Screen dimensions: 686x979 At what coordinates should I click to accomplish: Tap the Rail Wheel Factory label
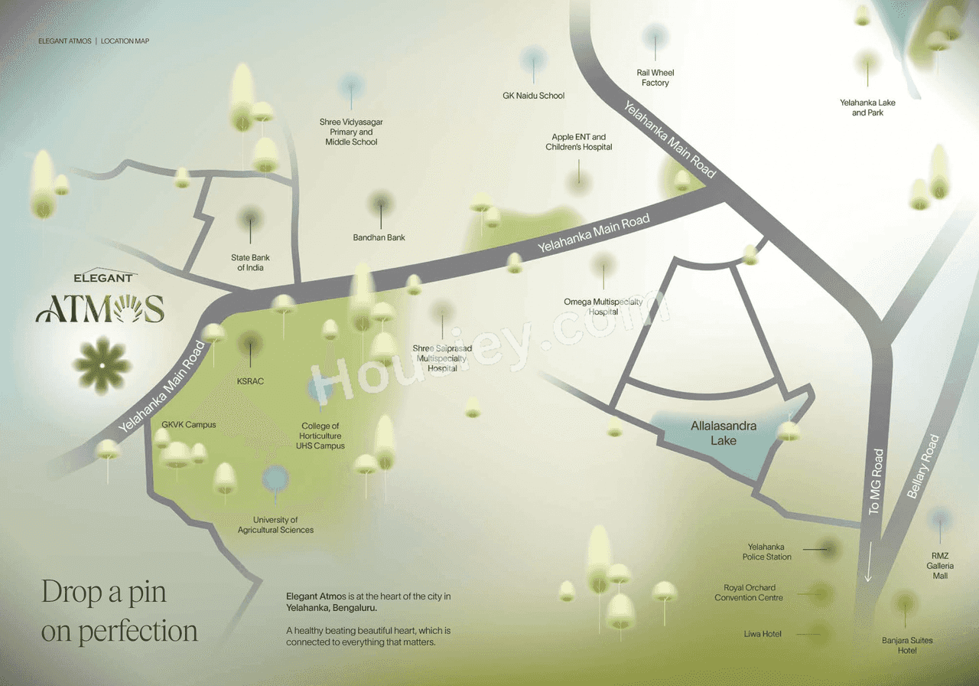click(655, 77)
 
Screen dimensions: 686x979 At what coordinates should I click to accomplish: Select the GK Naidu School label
click(533, 96)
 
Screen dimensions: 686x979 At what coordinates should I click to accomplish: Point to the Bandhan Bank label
click(379, 237)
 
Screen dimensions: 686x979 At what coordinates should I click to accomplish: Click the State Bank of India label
click(250, 263)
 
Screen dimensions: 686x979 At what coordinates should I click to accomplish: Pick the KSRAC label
click(250, 381)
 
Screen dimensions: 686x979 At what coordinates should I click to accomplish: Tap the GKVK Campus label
click(189, 424)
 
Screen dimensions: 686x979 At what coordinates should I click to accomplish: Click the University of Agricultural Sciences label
click(275, 524)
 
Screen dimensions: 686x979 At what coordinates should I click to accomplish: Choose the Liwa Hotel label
click(763, 634)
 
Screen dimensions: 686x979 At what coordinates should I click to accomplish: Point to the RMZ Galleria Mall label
click(939, 565)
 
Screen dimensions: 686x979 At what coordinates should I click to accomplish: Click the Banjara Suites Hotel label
click(906, 645)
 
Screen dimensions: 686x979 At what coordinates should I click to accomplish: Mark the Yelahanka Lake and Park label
click(867, 107)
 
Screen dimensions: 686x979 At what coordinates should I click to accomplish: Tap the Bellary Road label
click(922, 467)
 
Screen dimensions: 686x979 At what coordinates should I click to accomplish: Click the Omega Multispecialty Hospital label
click(603, 306)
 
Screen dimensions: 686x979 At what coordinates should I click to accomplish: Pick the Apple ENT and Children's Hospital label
click(579, 142)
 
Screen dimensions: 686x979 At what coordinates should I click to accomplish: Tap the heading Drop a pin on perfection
click(119, 611)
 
